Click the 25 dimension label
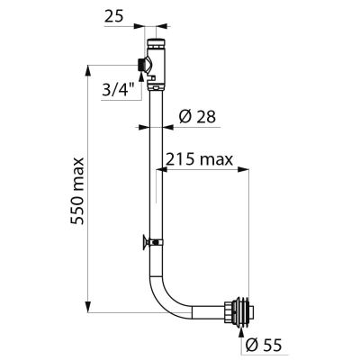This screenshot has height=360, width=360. pyautogui.click(x=113, y=17)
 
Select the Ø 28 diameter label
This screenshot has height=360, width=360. pyautogui.click(x=197, y=116)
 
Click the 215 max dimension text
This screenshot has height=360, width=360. pyautogui.click(x=199, y=160)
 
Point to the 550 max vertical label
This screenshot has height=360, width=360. pyautogui.click(x=77, y=191)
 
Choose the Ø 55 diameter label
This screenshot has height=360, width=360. pyautogui.click(x=264, y=345)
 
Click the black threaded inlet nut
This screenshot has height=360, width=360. pyautogui.click(x=140, y=65)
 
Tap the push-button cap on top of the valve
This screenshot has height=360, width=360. pyautogui.click(x=156, y=43)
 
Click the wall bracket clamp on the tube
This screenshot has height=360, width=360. pyautogui.click(x=153, y=241)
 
